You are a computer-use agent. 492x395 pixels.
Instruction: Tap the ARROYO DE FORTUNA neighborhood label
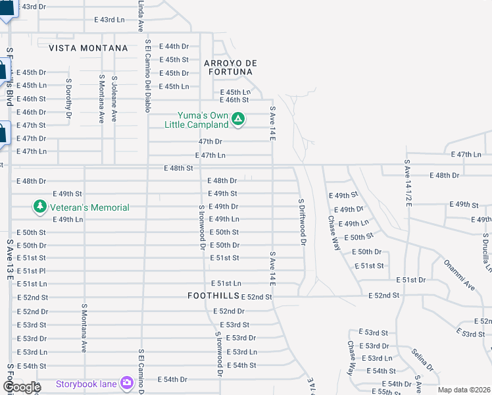[229, 67]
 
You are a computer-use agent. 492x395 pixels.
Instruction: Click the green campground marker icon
[238, 119]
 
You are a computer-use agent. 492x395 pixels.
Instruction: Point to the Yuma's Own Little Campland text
[203, 120]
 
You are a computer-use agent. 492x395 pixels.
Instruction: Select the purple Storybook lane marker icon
[127, 384]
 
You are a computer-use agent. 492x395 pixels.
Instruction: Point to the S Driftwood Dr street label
[301, 222]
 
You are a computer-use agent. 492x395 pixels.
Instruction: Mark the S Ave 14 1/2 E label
[408, 184]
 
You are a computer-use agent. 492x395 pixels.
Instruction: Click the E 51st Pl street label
[31, 271]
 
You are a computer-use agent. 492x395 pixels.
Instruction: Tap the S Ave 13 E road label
[10, 259]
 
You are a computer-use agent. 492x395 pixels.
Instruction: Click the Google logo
[21, 387]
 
